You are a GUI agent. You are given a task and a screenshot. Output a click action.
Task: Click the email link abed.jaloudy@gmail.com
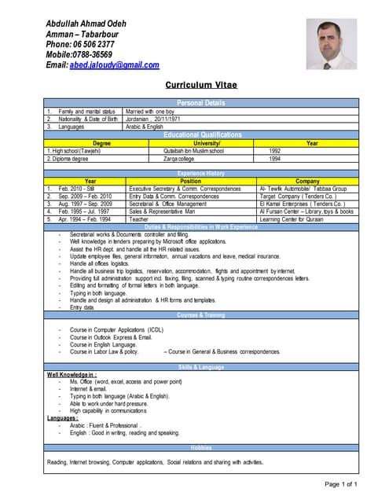[114, 65]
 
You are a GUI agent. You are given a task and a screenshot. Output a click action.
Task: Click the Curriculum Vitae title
[201, 84]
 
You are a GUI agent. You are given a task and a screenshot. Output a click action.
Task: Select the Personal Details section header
[201, 103]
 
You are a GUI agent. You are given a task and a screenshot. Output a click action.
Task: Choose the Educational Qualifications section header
[201, 134]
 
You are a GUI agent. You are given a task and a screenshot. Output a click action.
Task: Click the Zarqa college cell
[181, 158]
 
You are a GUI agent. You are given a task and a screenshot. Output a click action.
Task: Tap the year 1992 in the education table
[275, 150]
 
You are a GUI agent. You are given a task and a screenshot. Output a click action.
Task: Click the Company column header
[307, 182]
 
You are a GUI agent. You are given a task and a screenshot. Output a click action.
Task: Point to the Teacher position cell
[139, 219]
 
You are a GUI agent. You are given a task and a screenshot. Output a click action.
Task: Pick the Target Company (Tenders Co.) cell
[298, 196]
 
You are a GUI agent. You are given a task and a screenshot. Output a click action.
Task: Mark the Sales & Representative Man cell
[167, 211]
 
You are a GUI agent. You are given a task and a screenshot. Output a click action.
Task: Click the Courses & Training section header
[201, 314]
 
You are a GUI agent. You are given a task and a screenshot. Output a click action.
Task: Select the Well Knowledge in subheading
[72, 374]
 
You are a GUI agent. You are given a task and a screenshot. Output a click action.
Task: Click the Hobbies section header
[201, 447]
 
